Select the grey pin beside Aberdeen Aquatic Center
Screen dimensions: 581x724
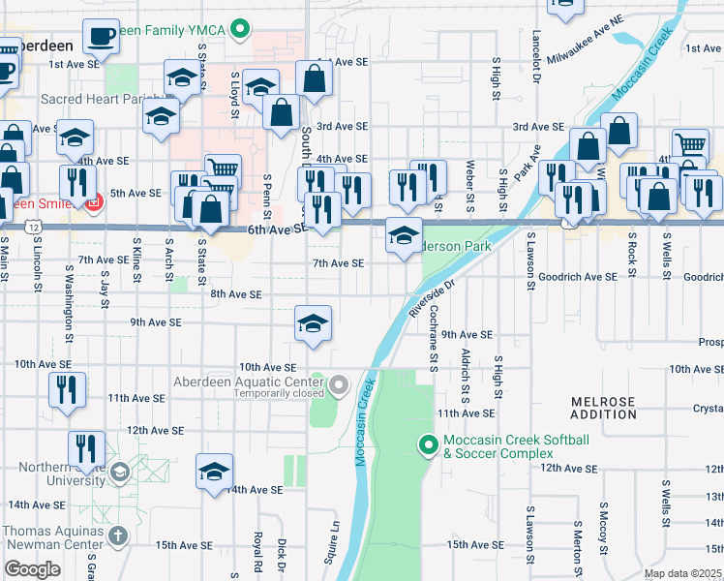[338, 387]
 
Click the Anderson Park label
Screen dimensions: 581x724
[455, 246]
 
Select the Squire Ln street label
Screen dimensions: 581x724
[337, 539]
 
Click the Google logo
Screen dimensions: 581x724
[33, 568]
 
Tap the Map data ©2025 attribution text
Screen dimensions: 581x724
[683, 573]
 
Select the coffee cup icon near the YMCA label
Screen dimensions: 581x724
[101, 37]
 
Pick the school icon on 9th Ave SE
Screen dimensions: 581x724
[313, 324]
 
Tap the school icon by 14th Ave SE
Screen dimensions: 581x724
[214, 473]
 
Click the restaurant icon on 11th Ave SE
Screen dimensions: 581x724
[66, 390]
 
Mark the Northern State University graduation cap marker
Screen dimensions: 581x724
[119, 473]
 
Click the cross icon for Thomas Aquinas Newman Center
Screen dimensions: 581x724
[117, 535]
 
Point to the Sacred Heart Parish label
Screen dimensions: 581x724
[92, 99]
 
